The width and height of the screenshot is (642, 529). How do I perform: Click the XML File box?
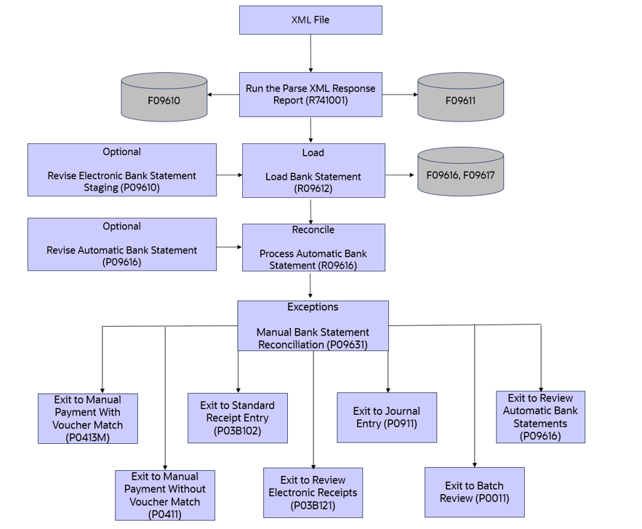310,20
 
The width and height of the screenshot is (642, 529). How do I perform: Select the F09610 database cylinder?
164,97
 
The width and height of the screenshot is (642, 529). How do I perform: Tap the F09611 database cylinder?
460,97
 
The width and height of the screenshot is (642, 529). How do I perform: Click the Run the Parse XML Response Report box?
310,95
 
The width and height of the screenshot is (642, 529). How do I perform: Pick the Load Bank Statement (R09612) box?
313,170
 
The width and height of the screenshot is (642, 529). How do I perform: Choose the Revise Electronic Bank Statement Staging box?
122,170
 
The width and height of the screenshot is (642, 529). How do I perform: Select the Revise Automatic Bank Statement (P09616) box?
122,244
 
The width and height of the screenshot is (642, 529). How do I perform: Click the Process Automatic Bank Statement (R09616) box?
313,247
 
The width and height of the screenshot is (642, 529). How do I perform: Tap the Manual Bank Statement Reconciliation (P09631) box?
313,326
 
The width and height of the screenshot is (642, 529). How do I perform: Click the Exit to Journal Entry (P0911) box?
387,417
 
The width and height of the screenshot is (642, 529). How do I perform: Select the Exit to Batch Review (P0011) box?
474,492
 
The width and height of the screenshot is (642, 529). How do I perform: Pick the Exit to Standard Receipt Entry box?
237,418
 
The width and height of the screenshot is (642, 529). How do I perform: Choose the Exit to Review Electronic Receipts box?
313,493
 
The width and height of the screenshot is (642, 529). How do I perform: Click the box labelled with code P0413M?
88,418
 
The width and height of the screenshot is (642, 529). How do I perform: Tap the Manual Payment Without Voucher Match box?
165,495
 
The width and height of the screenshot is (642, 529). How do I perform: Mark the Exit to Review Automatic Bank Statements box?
540,417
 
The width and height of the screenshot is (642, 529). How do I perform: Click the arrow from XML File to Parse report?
310,52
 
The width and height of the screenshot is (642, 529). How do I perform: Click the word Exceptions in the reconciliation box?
313,307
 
